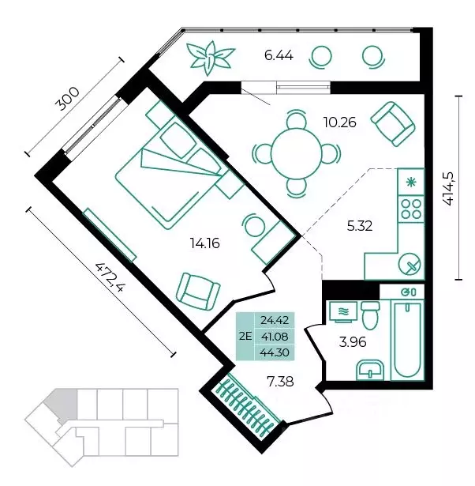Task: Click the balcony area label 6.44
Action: (279, 56)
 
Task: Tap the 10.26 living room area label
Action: (340, 122)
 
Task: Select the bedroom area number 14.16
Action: (205, 243)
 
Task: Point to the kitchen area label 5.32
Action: (360, 226)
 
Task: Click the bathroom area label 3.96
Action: (353, 342)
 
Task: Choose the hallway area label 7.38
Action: (280, 382)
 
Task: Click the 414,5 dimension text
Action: (448, 188)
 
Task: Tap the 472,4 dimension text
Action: (110, 277)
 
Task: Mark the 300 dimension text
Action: (67, 99)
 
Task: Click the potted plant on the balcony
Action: (211, 58)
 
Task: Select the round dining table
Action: (297, 154)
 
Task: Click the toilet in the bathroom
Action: (370, 315)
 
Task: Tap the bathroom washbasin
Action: (370, 370)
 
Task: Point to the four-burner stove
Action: (411, 209)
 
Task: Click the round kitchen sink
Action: (410, 265)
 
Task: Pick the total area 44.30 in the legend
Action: (275, 352)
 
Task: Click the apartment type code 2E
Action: (245, 336)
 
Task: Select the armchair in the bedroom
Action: (197, 292)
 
